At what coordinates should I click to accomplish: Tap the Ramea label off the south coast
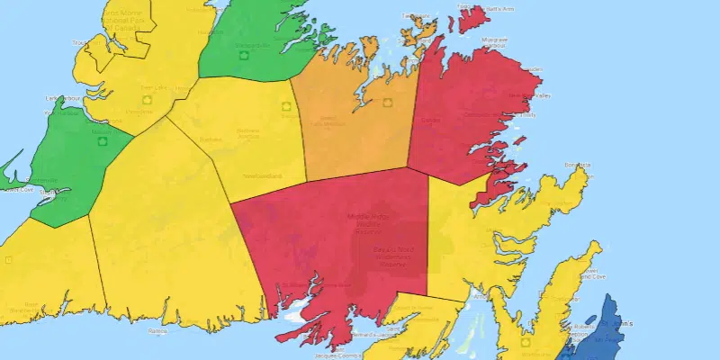point(158,331)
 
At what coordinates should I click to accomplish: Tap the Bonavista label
point(577,165)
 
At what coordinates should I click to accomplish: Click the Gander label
point(430,120)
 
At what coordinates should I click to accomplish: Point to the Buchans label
point(210,139)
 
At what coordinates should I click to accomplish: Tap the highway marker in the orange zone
point(387,102)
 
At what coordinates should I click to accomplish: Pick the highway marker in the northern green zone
point(241,55)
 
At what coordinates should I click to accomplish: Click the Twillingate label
point(415,16)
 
